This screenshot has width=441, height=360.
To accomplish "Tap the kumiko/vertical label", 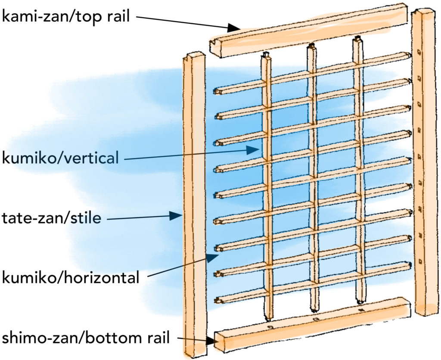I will [60, 158].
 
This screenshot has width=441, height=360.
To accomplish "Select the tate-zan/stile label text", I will [51, 218].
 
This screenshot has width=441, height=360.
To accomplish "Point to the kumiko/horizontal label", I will [71, 277].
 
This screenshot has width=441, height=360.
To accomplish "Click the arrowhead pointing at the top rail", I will [234, 28].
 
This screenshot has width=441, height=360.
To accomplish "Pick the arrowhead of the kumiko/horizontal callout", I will [212, 258].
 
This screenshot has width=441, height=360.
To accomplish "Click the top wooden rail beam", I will [310, 30].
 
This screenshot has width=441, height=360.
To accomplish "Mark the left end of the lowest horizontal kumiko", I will [218, 300].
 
